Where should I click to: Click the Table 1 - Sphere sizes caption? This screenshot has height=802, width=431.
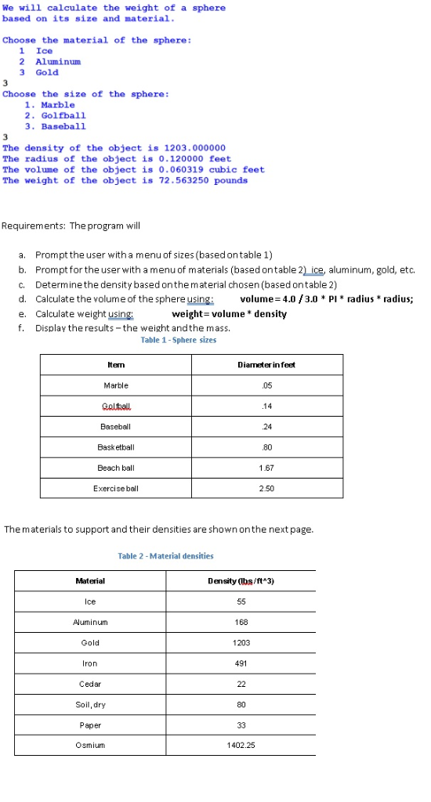point(179,340)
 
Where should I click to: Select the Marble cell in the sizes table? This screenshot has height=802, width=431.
point(116,385)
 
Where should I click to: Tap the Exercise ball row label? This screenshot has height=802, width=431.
point(116,488)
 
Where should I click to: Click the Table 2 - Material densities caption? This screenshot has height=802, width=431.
point(165,556)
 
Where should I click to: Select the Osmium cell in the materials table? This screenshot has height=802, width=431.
point(90,745)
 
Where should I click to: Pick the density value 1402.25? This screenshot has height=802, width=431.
point(241,745)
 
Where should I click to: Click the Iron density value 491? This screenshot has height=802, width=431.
point(241,663)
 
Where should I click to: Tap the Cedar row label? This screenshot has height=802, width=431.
point(90,684)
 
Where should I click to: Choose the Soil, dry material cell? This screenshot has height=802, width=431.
point(90,704)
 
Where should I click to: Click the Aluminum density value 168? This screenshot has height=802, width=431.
point(241,622)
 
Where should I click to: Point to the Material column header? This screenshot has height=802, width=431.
point(90,580)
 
